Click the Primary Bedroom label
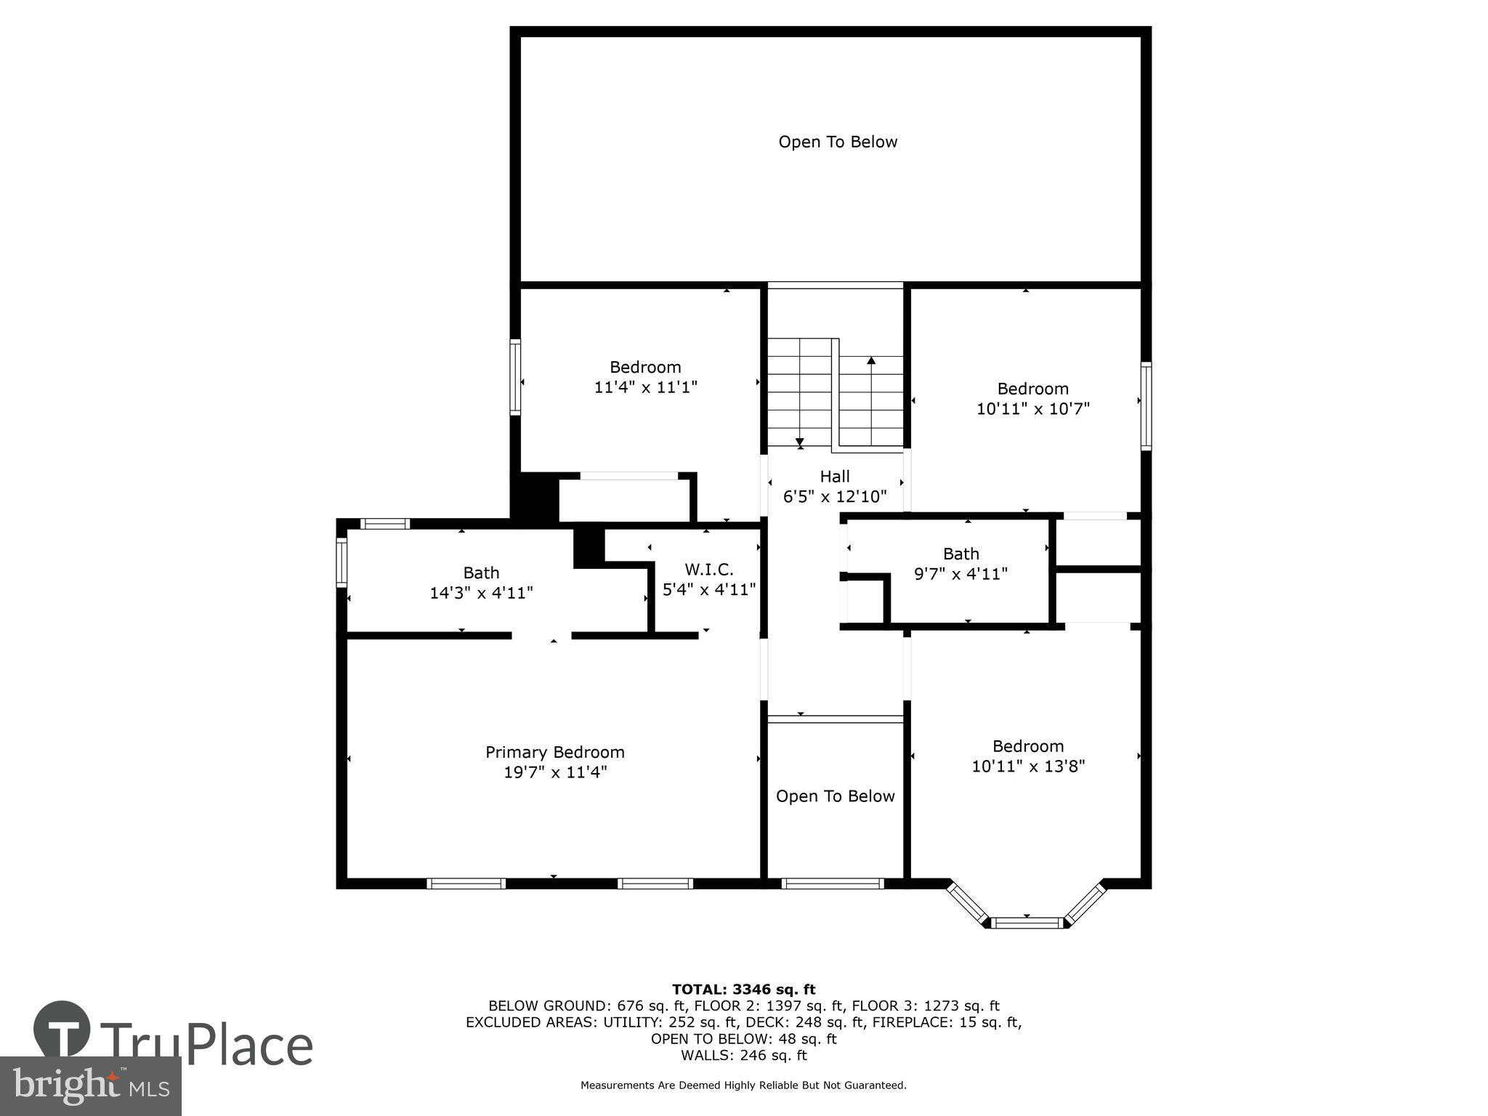pyautogui.click(x=554, y=752)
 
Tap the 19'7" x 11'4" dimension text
pyautogui.click(x=555, y=772)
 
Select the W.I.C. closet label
pyautogui.click(x=708, y=570)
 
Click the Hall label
pyautogui.click(x=834, y=477)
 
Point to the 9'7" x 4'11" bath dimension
pyautogui.click(x=960, y=574)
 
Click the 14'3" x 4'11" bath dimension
pyautogui.click(x=481, y=593)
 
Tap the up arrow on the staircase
pyautogui.click(x=871, y=360)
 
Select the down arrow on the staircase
pyautogui.click(x=799, y=441)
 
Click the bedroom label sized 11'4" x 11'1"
pyautogui.click(x=645, y=367)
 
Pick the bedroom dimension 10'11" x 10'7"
pyautogui.click(x=1032, y=409)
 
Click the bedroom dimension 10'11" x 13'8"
pyautogui.click(x=1028, y=766)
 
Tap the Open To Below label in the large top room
pyautogui.click(x=838, y=142)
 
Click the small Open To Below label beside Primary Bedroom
pyautogui.click(x=835, y=796)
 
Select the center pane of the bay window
pyautogui.click(x=1027, y=923)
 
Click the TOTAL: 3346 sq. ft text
pyautogui.click(x=743, y=989)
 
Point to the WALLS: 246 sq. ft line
pyautogui.click(x=743, y=1055)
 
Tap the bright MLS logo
pyautogui.click(x=90, y=1085)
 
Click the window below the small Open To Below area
pyautogui.click(x=833, y=883)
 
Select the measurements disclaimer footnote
pyautogui.click(x=743, y=1085)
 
